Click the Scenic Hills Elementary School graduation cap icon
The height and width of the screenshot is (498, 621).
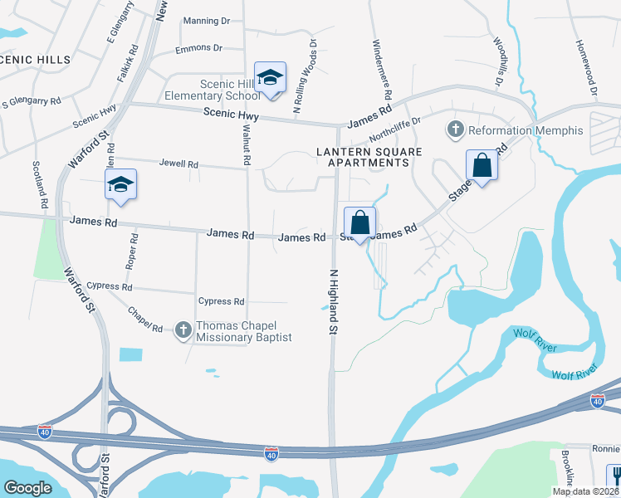[270, 77]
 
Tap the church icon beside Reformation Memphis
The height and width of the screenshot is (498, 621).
[455, 129]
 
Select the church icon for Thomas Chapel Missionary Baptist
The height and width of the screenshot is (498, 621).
[183, 330]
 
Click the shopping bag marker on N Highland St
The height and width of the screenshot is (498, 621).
[360, 223]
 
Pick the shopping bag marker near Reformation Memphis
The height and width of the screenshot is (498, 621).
[482, 165]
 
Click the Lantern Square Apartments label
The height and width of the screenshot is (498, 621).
[369, 158]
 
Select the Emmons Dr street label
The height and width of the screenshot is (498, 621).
[199, 48]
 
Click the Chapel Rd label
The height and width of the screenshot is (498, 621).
[145, 320]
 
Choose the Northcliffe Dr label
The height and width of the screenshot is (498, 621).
[395, 128]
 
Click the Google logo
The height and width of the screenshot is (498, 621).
[27, 488]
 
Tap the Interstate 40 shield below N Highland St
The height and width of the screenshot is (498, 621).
[271, 453]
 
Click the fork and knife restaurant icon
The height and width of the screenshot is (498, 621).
[614, 476]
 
